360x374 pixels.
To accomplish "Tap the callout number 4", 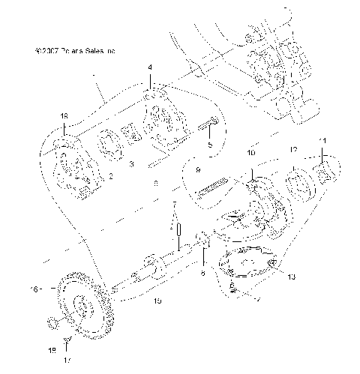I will point(150,67).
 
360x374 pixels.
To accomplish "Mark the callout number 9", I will point(198,171).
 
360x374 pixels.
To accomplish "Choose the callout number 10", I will point(251,152).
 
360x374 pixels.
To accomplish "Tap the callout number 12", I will point(294,149).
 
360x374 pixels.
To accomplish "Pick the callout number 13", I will point(292,277).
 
